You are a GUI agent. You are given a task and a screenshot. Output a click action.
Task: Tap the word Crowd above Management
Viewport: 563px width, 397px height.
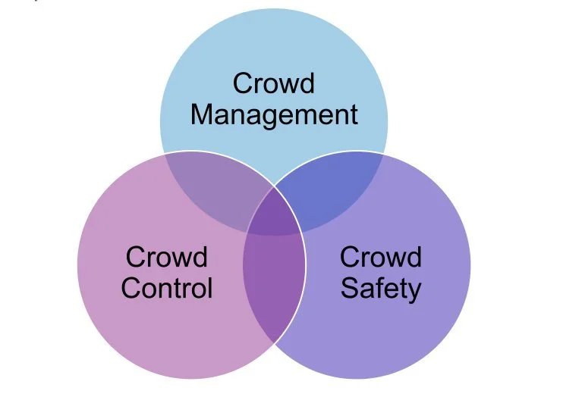click(274, 83)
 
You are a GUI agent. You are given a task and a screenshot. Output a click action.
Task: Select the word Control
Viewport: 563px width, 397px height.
click(167, 288)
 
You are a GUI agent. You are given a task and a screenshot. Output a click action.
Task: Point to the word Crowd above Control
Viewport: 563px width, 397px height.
click(167, 258)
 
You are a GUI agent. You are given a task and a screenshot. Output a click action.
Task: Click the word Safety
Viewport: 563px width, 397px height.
click(380, 288)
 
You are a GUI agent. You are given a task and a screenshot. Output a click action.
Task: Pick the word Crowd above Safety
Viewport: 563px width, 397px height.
click(380, 258)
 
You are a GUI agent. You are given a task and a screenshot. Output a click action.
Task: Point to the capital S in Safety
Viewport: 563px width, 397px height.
click(349, 288)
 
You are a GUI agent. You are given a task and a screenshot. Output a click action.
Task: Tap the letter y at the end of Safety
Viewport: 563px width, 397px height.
click(414, 291)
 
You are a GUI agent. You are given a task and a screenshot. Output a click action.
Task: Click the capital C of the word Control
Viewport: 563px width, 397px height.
click(131, 288)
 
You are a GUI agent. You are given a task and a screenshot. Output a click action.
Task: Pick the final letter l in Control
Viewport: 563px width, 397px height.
click(210, 287)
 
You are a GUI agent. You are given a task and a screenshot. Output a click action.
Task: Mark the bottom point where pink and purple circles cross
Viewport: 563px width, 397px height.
click(274, 342)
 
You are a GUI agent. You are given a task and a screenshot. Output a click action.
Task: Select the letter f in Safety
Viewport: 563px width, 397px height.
click(382, 287)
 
